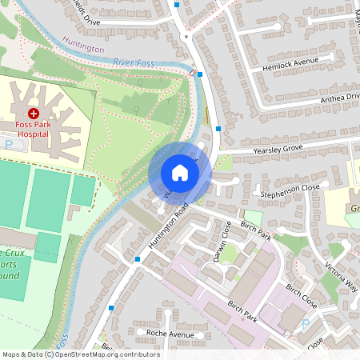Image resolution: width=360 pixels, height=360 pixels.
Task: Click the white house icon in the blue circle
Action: click(x=180, y=173)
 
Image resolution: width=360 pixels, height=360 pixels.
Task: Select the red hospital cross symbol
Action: click(x=34, y=115)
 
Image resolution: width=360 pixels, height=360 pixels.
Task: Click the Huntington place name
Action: click(x=82, y=49)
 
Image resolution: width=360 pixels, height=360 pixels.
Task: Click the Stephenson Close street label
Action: click(x=290, y=190)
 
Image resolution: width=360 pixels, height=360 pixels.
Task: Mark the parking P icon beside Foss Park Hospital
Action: click(x=10, y=145)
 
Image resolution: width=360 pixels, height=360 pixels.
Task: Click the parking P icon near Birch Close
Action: click(x=304, y=324)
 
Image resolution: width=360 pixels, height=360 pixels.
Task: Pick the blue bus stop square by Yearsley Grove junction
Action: click(x=218, y=128)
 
